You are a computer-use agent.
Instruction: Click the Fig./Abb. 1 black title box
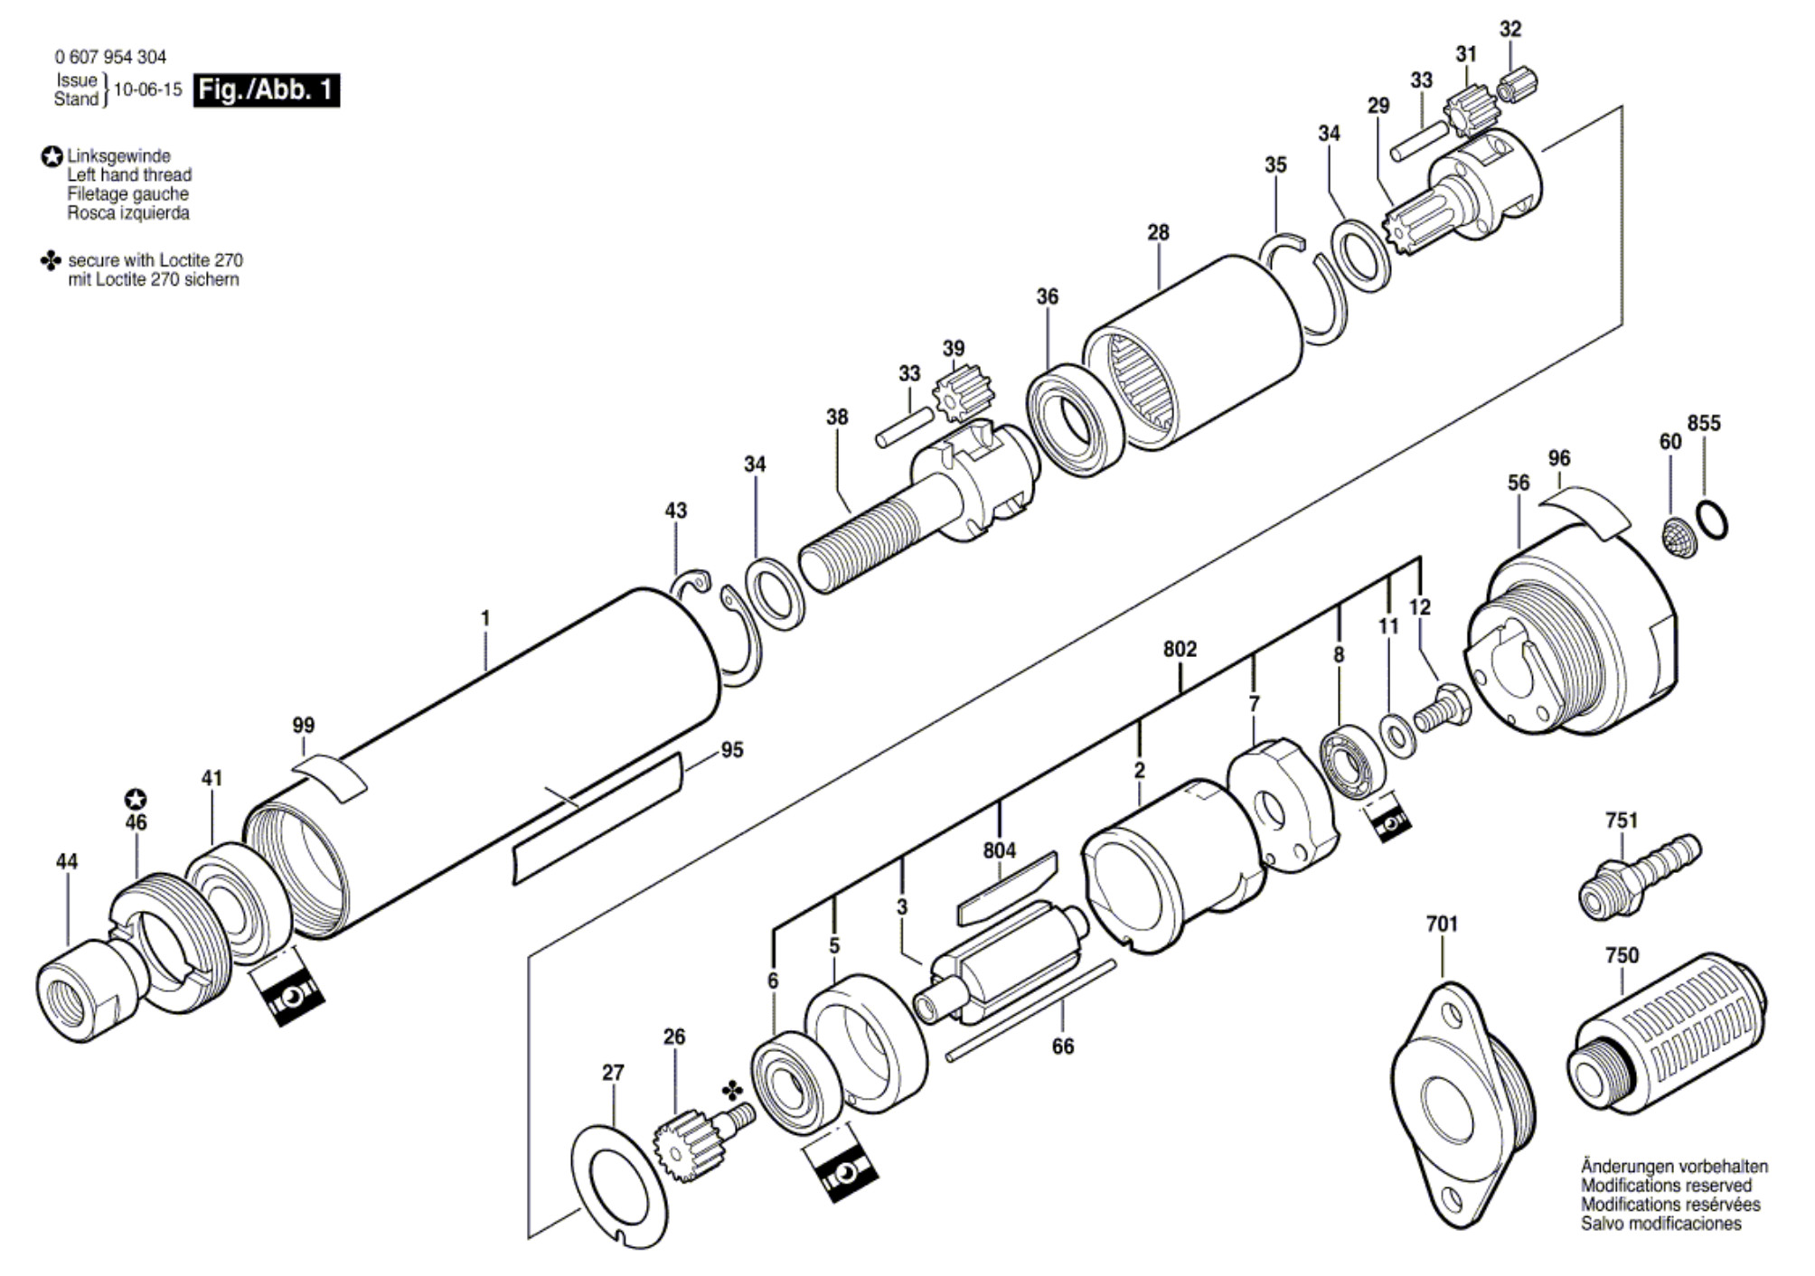point(267,90)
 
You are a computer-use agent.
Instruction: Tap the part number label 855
point(1704,423)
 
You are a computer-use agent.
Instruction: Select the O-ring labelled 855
point(1712,520)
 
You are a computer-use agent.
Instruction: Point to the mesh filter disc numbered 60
point(1679,536)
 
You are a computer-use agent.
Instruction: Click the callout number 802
point(1180,649)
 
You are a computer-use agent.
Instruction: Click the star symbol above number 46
point(136,800)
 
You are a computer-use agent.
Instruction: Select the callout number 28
point(1158,232)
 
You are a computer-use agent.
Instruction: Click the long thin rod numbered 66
point(1030,1011)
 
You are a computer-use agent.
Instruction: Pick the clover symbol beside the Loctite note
point(51,261)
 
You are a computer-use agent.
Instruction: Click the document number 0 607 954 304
point(110,57)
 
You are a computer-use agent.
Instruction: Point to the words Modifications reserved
point(1666,1186)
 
